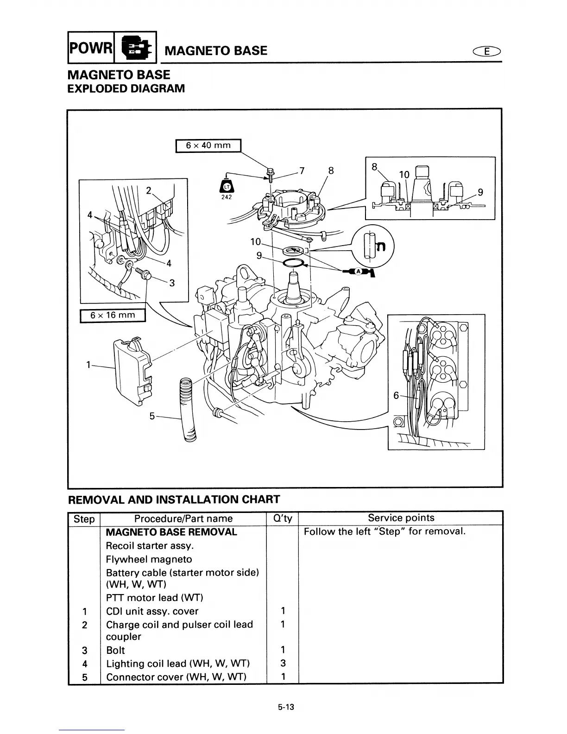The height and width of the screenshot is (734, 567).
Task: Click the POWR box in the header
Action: tap(90, 47)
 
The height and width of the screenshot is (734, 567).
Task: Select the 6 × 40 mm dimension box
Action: tap(208, 146)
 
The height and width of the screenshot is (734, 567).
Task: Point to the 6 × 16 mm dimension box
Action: tap(113, 316)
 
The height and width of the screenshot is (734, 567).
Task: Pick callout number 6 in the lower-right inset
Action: tap(396, 395)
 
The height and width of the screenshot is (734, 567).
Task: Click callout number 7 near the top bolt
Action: tap(302, 171)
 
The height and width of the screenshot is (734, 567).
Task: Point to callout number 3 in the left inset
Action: tap(171, 283)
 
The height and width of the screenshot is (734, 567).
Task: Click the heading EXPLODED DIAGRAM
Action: tap(126, 89)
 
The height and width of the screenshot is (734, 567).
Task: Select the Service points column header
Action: tap(401, 518)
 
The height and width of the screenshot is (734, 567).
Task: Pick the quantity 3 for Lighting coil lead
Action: tap(283, 664)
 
